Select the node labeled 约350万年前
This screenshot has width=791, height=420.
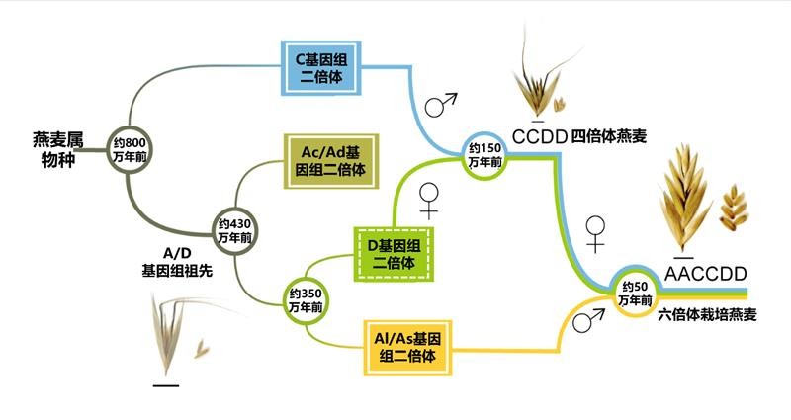point(306,300)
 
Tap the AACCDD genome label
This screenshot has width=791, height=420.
point(703,272)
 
